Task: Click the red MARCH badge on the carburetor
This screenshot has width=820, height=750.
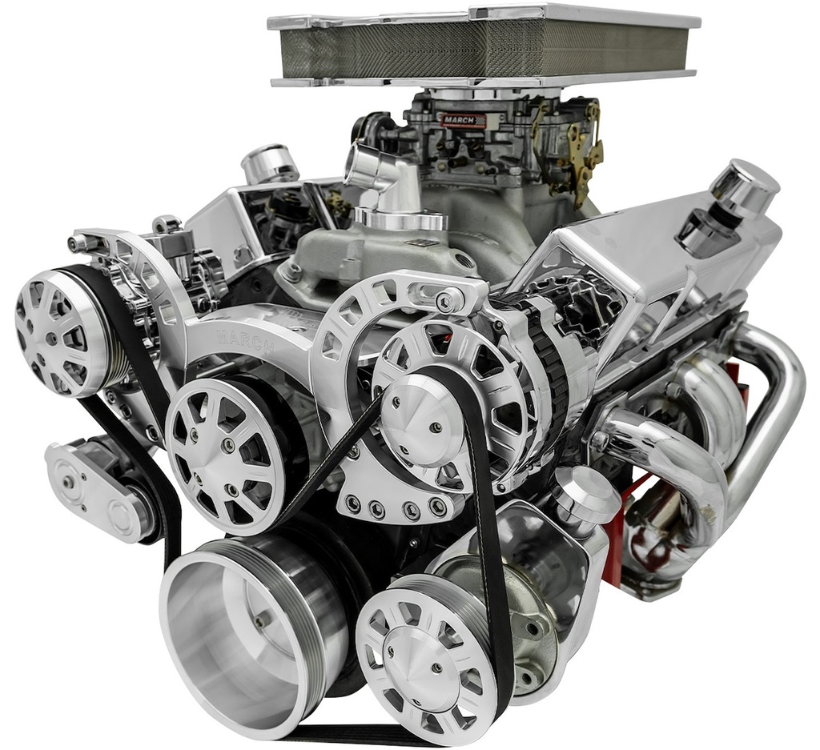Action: pyautogui.click(x=458, y=121)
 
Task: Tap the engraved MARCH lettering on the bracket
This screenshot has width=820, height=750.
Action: pyautogui.click(x=246, y=340)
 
